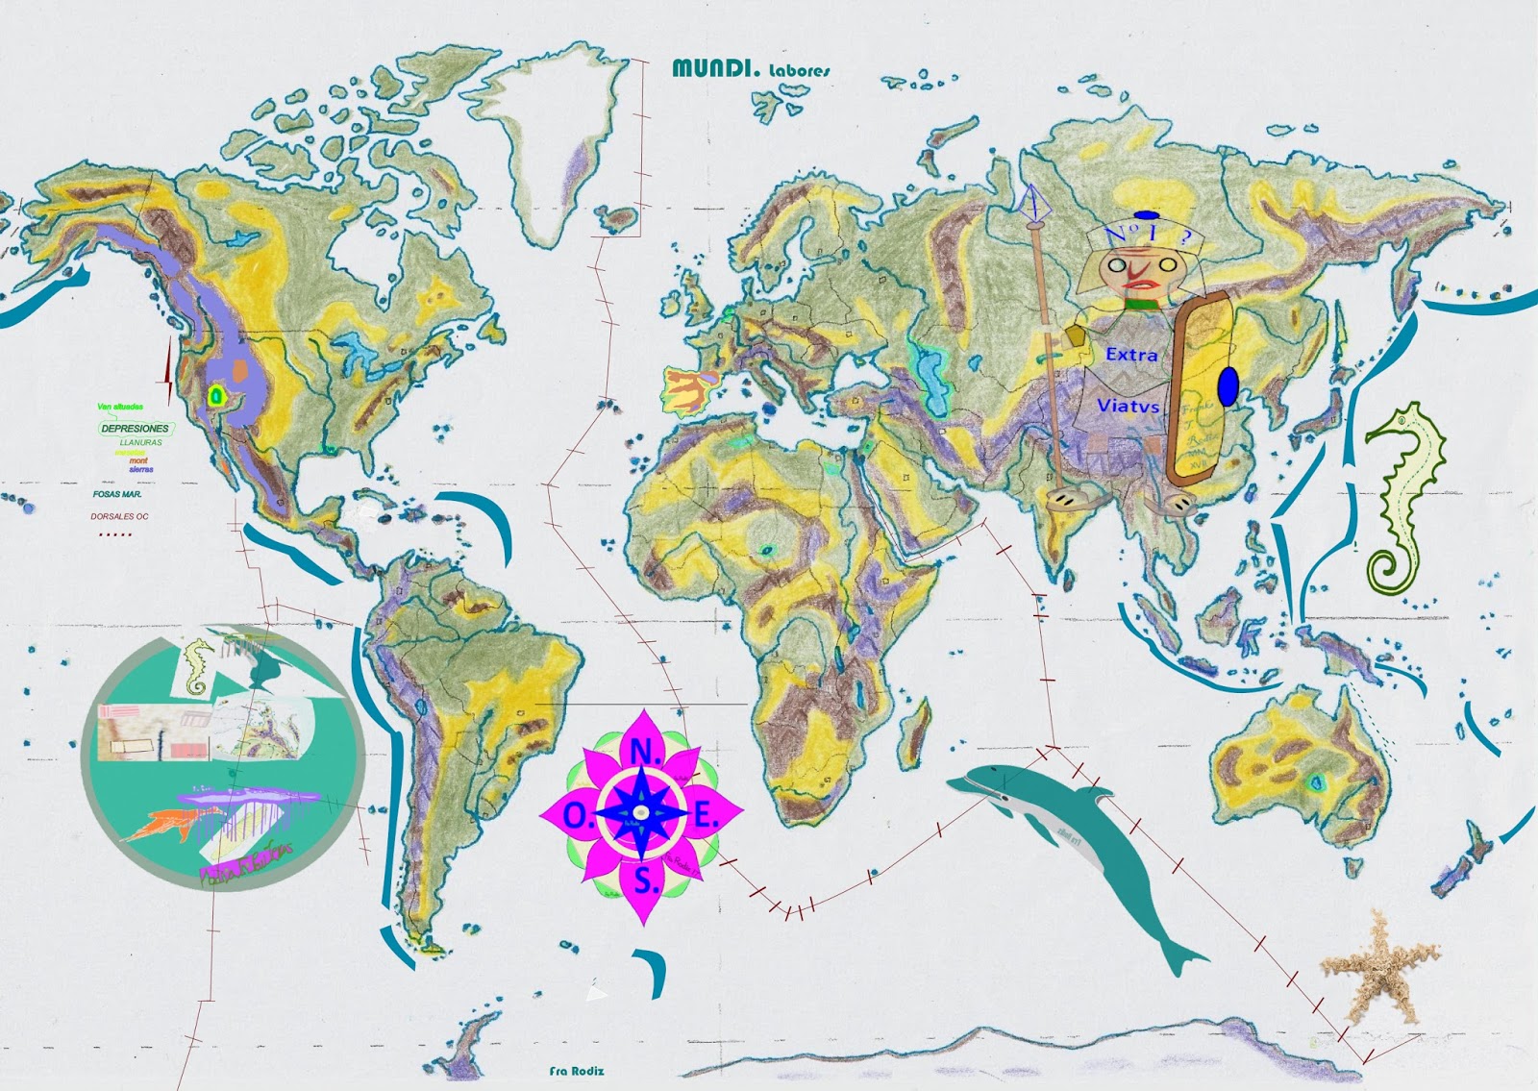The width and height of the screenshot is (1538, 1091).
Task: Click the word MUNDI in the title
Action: point(715,68)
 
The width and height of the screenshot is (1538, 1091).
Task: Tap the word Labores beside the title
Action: point(799,70)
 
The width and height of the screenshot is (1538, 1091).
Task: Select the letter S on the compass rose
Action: point(646,880)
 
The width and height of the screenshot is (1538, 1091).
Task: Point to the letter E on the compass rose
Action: point(707,817)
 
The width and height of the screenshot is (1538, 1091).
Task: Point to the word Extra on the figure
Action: point(1131,355)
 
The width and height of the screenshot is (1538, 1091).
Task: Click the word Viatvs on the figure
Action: point(1128,406)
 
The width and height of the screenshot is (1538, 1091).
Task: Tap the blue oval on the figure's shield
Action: point(1228,386)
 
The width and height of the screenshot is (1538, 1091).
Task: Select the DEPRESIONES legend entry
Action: point(135,428)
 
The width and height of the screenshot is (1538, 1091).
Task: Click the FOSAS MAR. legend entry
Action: point(117,494)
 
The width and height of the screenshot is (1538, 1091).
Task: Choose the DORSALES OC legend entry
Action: point(120,516)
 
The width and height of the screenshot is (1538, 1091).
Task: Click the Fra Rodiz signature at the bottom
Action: point(577,1071)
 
